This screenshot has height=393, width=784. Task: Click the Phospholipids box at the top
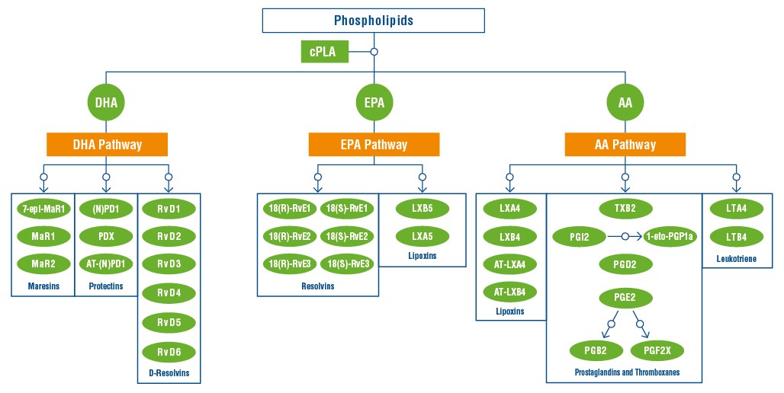tap(373, 21)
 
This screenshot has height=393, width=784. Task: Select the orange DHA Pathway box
tap(107, 144)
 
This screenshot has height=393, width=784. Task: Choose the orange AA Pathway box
tap(625, 144)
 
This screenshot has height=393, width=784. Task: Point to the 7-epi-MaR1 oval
tap(43, 208)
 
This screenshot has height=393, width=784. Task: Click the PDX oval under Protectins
tap(107, 236)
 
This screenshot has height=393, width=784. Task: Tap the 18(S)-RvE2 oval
tap(348, 236)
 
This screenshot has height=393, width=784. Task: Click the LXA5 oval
tap(423, 236)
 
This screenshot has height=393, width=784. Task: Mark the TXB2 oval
tap(625, 208)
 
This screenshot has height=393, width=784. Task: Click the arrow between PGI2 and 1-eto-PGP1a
tap(625, 236)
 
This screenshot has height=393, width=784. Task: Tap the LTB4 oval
tap(735, 236)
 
